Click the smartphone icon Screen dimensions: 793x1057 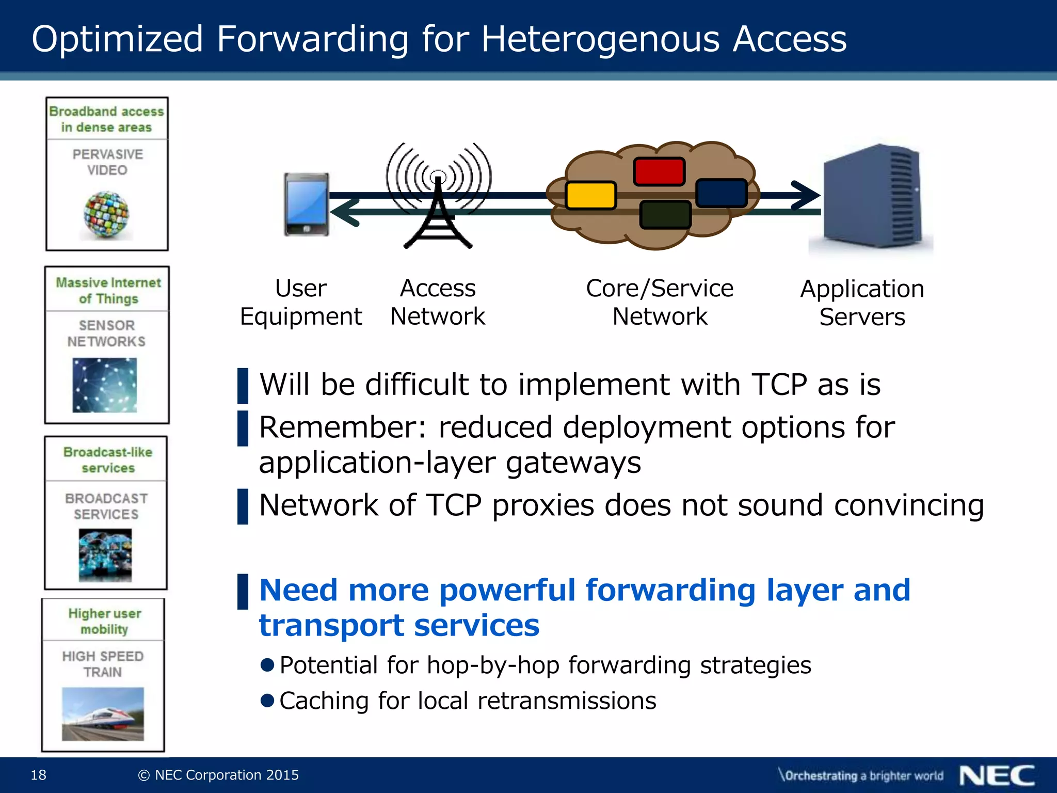[x=307, y=204]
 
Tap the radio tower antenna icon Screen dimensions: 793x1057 [x=438, y=196]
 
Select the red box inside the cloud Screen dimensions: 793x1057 [x=659, y=171]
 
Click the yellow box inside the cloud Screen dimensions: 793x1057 [x=590, y=195]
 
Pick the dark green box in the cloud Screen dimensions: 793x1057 [x=665, y=215]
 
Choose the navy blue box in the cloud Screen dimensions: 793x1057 [x=721, y=193]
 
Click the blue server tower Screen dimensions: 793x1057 [x=872, y=196]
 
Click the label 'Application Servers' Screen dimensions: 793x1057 [x=862, y=303]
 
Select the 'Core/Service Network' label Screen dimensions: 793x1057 [x=660, y=302]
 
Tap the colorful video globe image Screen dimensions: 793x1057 [x=106, y=215]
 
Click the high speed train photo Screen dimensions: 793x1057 [x=103, y=713]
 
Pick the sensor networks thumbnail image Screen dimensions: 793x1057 [x=105, y=385]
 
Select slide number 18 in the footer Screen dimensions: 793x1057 [x=39, y=774]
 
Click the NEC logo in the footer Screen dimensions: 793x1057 [x=997, y=775]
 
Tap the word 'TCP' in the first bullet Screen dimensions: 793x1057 [x=779, y=385]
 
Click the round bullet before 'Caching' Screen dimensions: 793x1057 [x=267, y=701]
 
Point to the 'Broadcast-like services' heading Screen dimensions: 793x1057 [x=107, y=459]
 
